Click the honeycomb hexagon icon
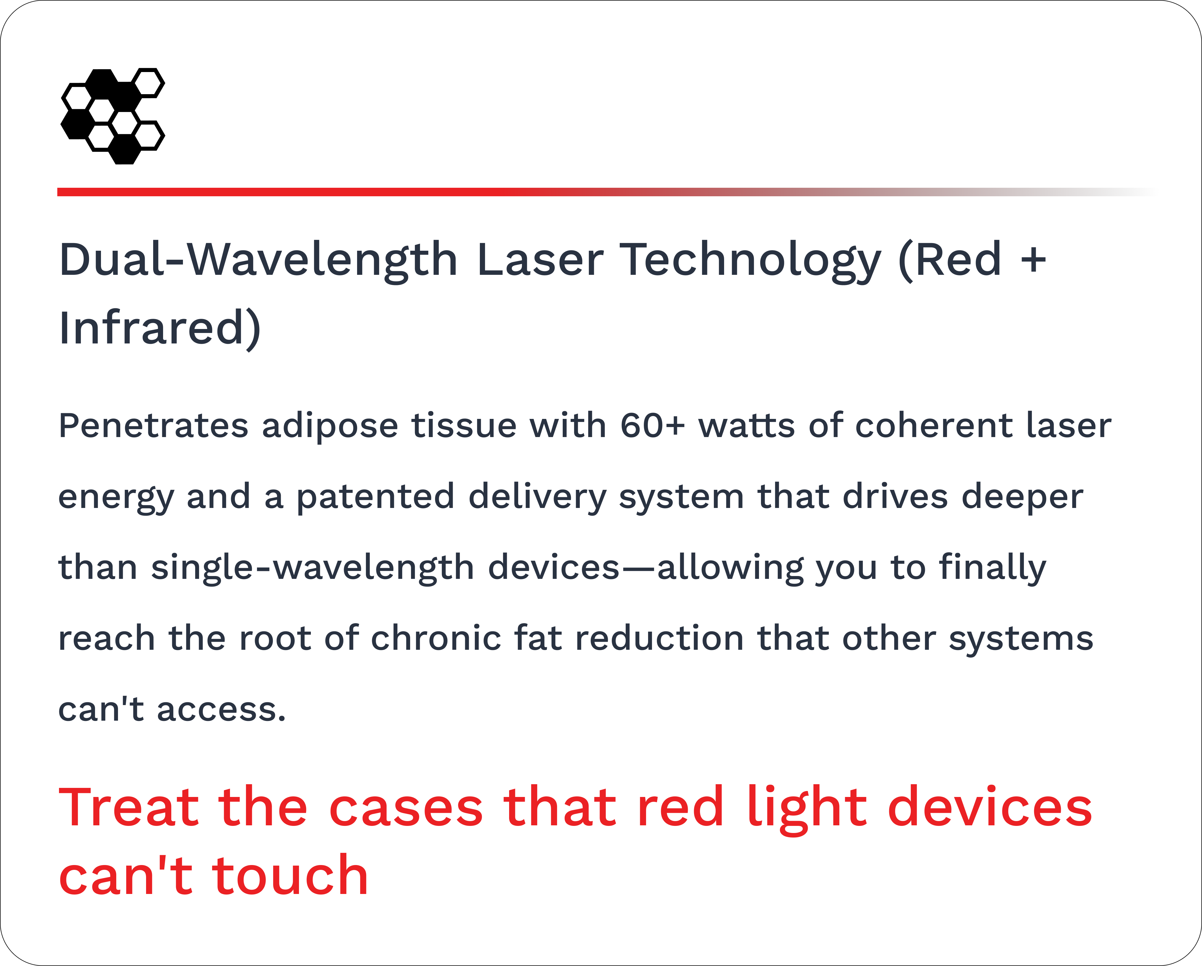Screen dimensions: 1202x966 [113, 116]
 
